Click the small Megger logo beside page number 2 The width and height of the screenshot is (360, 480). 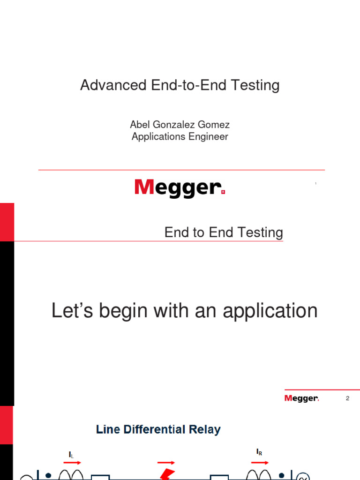point(301,398)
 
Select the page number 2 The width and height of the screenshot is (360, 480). point(348,398)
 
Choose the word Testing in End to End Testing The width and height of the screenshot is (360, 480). point(260,232)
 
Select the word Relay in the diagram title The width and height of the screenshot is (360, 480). point(206,429)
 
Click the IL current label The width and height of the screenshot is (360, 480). point(71,455)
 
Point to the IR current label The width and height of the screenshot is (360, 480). point(259,452)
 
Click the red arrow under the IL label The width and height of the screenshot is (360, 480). point(72,463)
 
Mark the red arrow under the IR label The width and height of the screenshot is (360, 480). point(260,462)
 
